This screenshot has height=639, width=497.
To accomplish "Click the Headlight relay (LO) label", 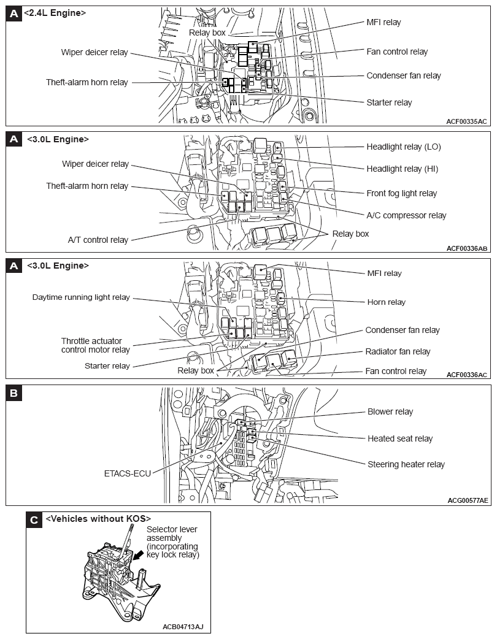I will click(x=403, y=147).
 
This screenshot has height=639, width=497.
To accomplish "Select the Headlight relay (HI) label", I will click(x=403, y=169).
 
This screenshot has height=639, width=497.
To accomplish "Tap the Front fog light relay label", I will click(x=401, y=193).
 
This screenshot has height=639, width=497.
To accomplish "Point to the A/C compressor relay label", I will click(x=406, y=215).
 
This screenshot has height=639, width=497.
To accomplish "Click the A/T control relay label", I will click(x=98, y=240).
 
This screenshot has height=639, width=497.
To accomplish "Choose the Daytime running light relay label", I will click(x=81, y=297).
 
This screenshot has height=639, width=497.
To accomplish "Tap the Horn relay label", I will click(x=386, y=302).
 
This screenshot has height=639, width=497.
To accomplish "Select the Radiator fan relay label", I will click(x=398, y=351).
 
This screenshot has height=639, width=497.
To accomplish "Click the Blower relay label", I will click(x=390, y=411).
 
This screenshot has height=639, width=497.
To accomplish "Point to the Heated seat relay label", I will click(x=399, y=438).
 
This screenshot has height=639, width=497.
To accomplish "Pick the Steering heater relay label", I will click(x=406, y=464).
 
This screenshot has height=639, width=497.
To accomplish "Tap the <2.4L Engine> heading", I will click(x=55, y=13).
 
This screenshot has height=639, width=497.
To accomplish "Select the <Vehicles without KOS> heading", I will click(x=98, y=519).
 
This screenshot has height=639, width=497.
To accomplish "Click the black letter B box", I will click(x=14, y=393).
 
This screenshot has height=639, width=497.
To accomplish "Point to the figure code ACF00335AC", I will click(x=466, y=121).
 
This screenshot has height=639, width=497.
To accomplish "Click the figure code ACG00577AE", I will click(x=468, y=500).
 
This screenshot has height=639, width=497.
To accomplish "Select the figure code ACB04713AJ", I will click(x=183, y=627).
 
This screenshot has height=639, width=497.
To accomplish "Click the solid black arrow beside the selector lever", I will click(x=140, y=554).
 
